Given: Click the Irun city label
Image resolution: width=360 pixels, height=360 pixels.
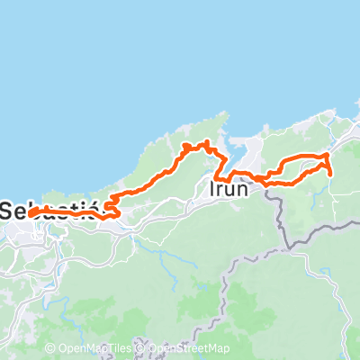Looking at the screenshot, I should click(228, 190).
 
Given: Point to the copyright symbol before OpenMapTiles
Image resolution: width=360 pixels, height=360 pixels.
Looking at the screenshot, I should click(50, 349).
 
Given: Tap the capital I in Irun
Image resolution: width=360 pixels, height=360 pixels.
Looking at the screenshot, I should click(211, 190).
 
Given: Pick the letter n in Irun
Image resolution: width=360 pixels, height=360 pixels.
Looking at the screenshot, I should click(242, 190).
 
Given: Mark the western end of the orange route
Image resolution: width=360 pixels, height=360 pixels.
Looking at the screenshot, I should click(31, 214).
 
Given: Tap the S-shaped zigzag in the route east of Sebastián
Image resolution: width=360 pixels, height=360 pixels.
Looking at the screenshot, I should click(112, 207).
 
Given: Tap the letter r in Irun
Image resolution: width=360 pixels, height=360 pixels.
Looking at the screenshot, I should click(220, 191).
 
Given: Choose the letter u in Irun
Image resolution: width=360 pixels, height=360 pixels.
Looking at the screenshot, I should click(230, 191).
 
